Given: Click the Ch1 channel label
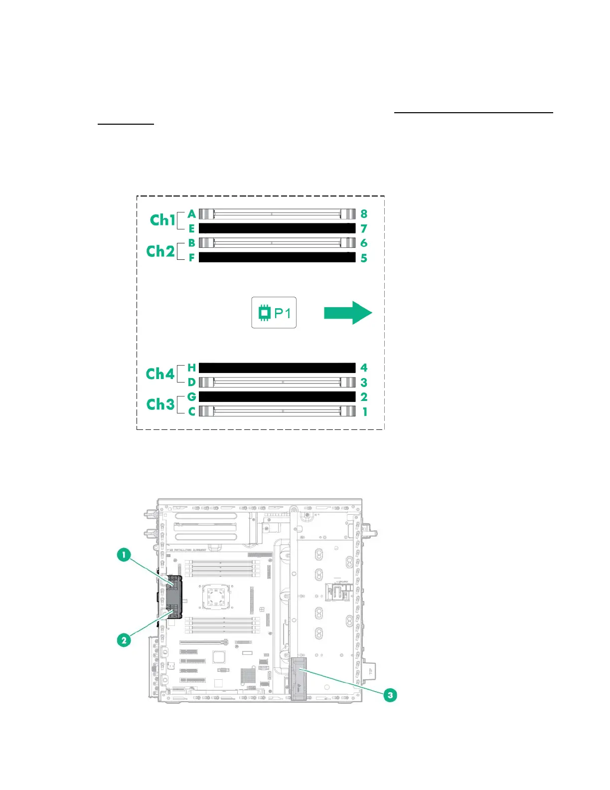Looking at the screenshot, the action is click(162, 220).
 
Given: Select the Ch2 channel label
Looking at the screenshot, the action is click(160, 251).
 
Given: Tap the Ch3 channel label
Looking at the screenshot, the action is click(160, 404).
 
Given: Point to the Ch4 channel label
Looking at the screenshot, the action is click(160, 374).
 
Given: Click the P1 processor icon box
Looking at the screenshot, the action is click(274, 313).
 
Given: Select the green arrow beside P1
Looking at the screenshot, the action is click(348, 313).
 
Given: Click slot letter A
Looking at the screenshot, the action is click(192, 214).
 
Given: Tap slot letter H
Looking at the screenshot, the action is click(192, 368).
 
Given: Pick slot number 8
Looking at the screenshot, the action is click(364, 214).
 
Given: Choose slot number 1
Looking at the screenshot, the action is click(365, 412).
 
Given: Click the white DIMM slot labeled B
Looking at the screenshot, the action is click(277, 243).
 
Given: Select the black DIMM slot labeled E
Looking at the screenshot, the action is click(277, 228).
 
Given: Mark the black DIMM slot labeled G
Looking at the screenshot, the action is click(277, 397).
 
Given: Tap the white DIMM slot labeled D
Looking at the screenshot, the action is click(277, 383).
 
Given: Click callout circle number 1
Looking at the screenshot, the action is click(124, 555).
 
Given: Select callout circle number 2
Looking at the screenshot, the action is click(124, 640).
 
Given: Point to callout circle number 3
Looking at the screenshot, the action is click(390, 695).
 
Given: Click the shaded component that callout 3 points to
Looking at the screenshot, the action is click(299, 678).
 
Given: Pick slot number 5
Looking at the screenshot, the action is click(364, 258).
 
